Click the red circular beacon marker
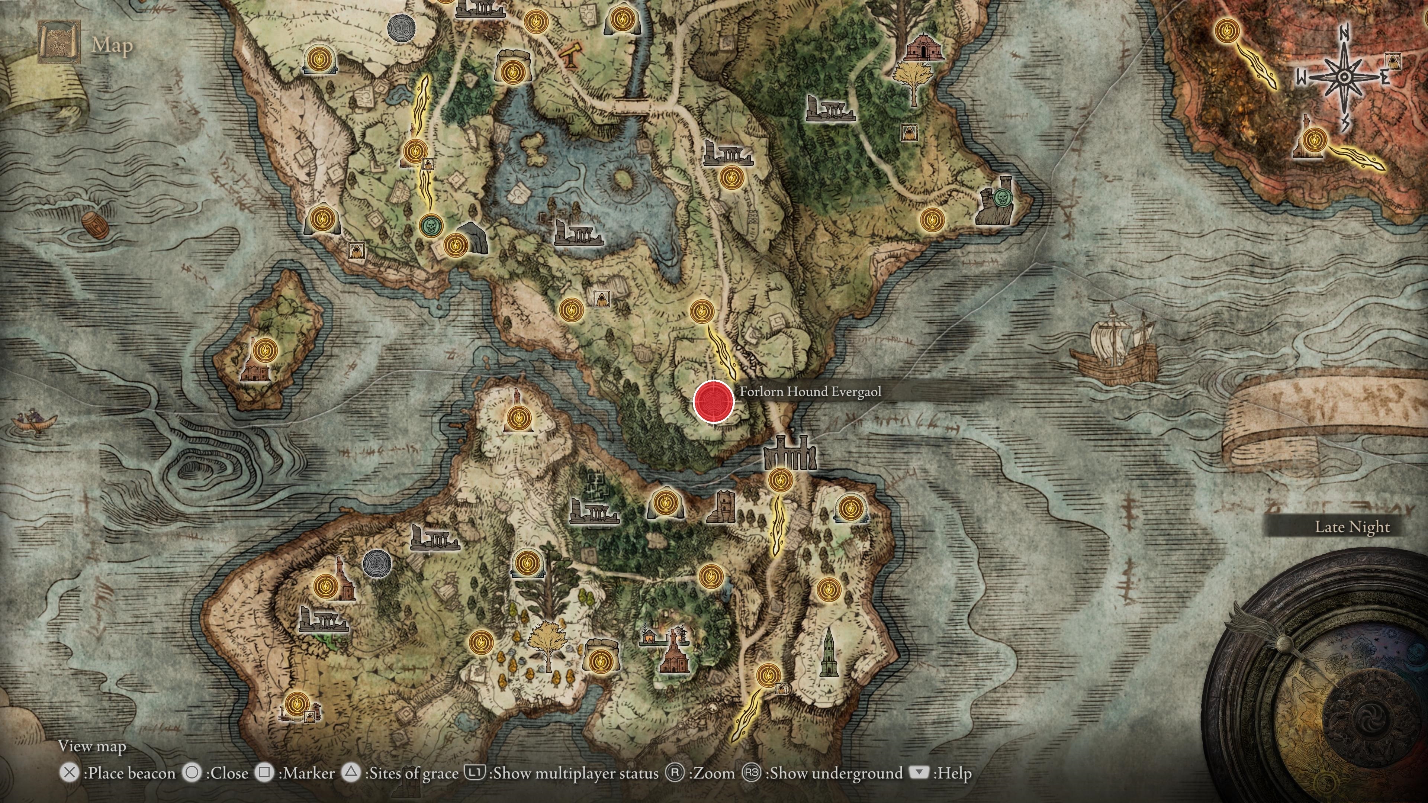pos(714,401)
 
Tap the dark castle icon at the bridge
pos(789,453)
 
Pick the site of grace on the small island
pos(266,351)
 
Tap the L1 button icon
pos(475,772)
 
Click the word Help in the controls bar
pos(952,773)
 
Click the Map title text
pos(113,45)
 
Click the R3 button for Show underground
pos(751,773)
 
